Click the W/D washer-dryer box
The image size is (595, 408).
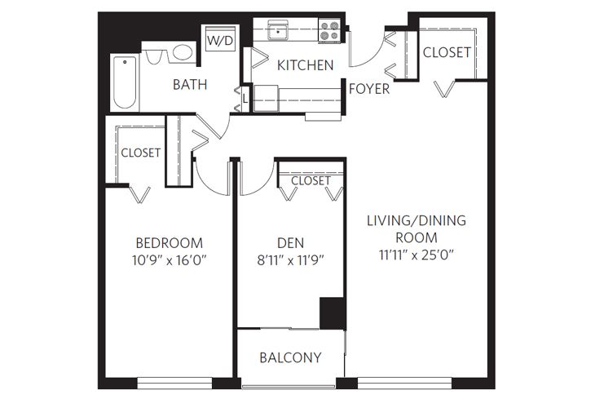click(219, 40)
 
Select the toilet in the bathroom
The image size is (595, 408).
click(155, 57)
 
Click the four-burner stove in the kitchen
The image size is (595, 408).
click(329, 31)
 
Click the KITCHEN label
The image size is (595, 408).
click(305, 65)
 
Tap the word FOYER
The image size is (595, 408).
click(368, 89)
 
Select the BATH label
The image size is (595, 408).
click(189, 84)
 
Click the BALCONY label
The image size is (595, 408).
click(290, 357)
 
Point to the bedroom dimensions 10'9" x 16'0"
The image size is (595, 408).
click(169, 261)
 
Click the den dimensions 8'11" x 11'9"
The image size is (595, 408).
click(291, 261)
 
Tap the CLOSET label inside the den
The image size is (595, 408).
click(311, 180)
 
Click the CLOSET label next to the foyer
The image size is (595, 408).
click(447, 52)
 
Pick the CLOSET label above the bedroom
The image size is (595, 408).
click(140, 153)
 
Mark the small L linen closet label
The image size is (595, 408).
click(245, 98)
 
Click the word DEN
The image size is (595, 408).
click(291, 243)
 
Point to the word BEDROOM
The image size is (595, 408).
click(169, 243)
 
